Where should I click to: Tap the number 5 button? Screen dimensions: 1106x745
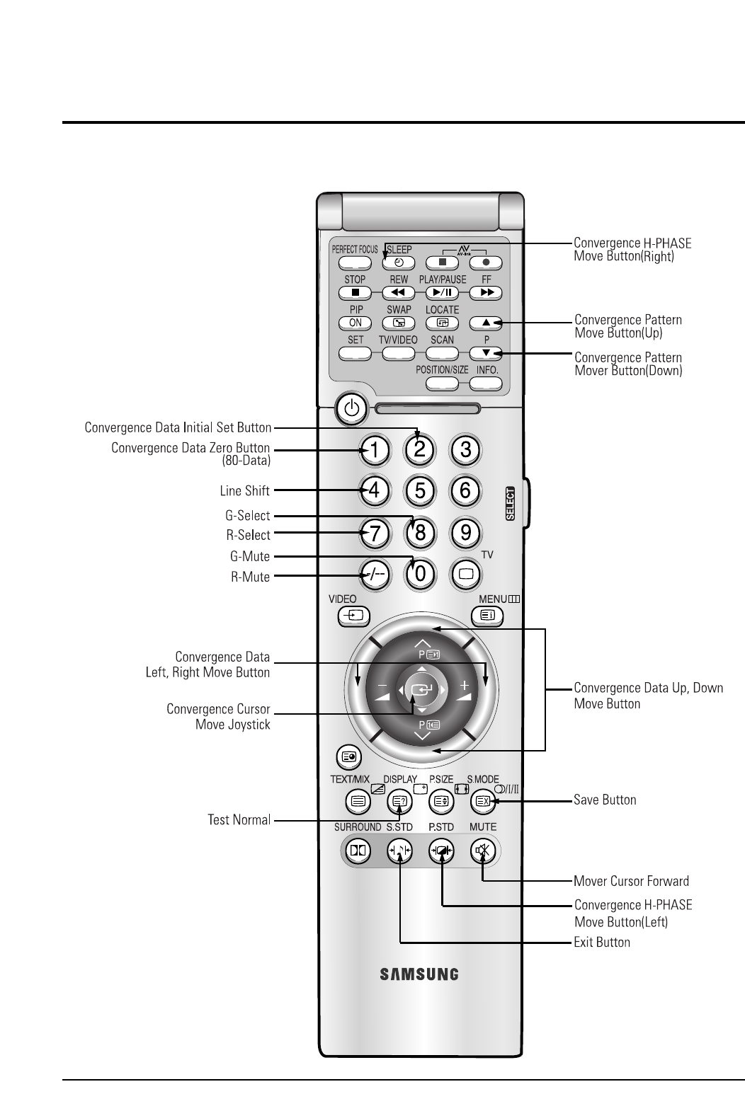point(420,490)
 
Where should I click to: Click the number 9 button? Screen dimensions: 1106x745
point(466,532)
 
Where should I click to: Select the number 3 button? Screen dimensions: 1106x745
point(466,449)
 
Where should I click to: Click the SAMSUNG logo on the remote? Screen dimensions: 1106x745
point(420,974)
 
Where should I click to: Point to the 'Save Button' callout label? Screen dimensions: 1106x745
point(605,800)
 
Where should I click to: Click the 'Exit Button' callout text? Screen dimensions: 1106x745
point(602,943)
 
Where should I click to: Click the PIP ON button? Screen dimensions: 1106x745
point(356,323)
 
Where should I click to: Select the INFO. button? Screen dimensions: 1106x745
point(487,384)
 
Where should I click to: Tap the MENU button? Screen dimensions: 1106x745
point(487,616)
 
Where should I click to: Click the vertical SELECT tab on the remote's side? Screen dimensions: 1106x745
point(511,504)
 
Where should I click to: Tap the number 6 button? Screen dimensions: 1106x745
point(466,490)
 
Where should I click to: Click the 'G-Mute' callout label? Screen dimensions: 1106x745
point(246,557)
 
